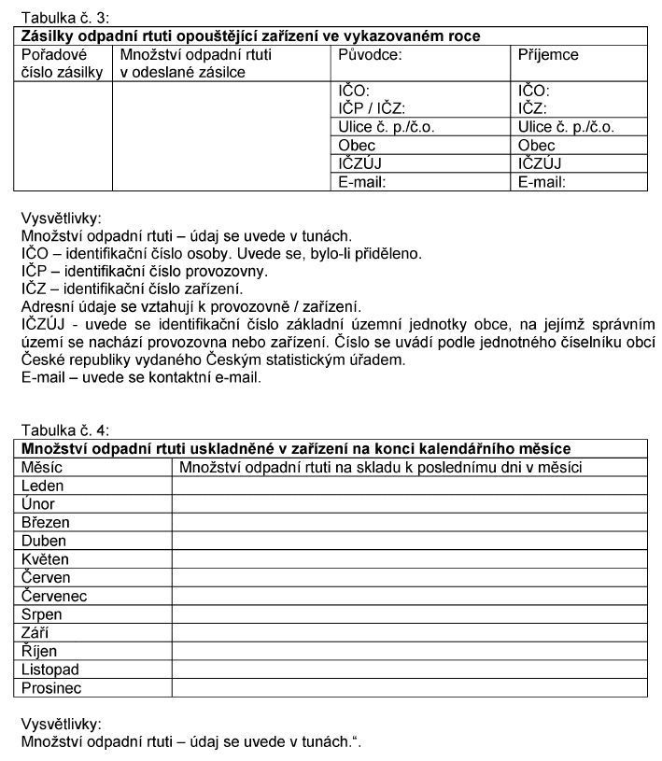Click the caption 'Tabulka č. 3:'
click(x=64, y=18)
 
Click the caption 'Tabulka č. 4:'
click(x=64, y=430)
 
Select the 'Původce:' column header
click(x=370, y=54)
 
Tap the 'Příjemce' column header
click(x=548, y=54)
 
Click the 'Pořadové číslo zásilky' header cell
click(x=61, y=63)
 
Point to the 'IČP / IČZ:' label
click(x=372, y=108)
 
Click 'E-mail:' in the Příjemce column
click(x=542, y=182)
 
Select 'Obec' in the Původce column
click(x=357, y=145)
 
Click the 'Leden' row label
click(x=43, y=486)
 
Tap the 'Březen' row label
click(x=46, y=523)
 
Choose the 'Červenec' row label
click(x=54, y=596)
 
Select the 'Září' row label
click(x=37, y=633)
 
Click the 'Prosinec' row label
click(x=51, y=688)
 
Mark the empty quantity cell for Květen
click(x=409, y=559)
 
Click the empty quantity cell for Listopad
click(x=409, y=669)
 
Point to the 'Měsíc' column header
click(x=42, y=468)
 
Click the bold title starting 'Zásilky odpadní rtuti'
click(x=250, y=36)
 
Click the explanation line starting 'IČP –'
click(x=144, y=271)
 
